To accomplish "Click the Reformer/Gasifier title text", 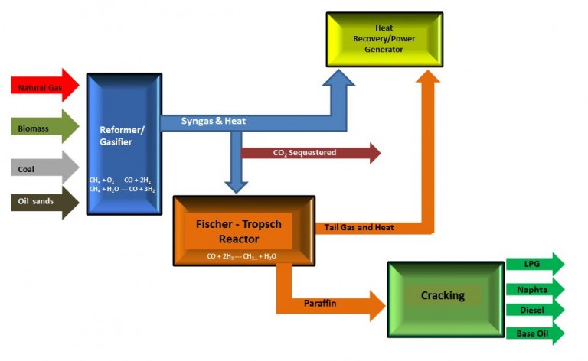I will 122,135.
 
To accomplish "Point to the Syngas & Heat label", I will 213,122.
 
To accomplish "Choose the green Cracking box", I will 443,296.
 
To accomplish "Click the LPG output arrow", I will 534,264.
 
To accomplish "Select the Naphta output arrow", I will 534,288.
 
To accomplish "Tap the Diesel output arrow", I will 534,311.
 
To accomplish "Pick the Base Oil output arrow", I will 534,333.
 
